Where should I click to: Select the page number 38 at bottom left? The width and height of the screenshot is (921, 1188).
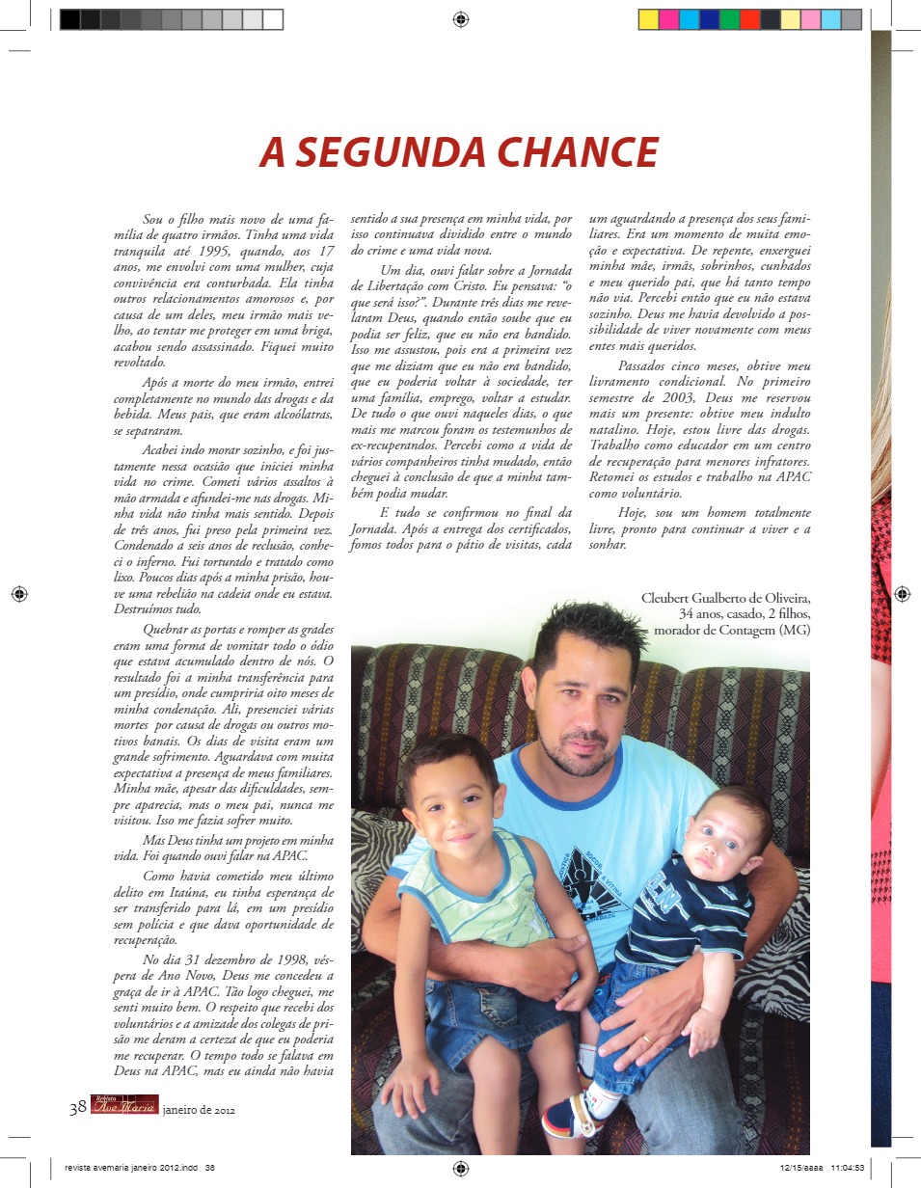pos(78,1108)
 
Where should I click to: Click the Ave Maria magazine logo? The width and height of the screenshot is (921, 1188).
pos(123,1106)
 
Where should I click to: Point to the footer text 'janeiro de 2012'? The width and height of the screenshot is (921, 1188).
pos(199,1110)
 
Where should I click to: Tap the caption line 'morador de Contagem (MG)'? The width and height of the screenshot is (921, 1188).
pos(732,631)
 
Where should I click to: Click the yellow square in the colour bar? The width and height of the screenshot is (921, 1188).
pos(649,19)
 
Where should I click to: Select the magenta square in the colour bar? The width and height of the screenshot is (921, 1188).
pos(669,19)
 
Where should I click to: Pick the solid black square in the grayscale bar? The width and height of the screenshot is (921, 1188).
pos(69,19)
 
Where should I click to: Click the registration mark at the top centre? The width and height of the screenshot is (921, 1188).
pos(461,18)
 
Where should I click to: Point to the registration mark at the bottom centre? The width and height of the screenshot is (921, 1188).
pos(461,1169)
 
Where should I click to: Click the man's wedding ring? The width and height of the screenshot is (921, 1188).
pos(645,1039)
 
